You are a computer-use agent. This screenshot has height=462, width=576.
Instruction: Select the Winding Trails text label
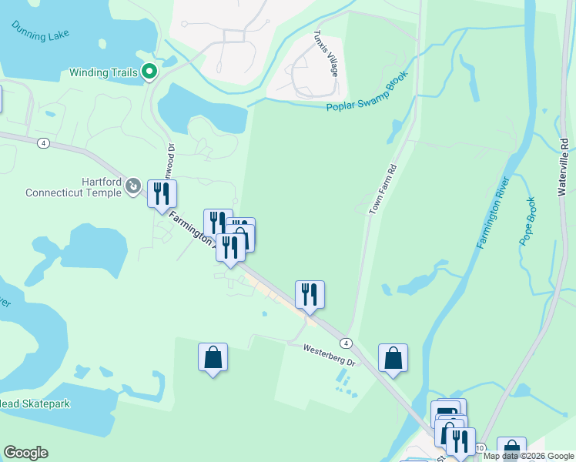pyautogui.click(x=104, y=73)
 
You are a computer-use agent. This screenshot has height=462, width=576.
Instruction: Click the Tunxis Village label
pyautogui.click(x=327, y=53)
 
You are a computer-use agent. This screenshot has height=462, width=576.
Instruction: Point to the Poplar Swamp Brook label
pyautogui.click(x=366, y=97)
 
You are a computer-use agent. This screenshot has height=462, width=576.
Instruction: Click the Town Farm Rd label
pyautogui.click(x=383, y=189)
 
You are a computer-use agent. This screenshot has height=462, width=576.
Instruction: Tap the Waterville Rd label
pyautogui.click(x=563, y=166)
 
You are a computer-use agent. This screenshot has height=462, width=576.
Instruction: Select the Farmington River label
pyautogui.click(x=493, y=212)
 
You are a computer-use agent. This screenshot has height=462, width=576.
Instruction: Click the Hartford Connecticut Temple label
pyautogui.click(x=73, y=187)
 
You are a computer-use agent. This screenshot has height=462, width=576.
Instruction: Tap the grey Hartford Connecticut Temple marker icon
pyautogui.click(x=133, y=186)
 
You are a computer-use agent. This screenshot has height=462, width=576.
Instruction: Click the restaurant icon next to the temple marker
pyautogui.click(x=162, y=194)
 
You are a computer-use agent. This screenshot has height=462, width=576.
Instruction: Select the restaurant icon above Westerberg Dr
pyautogui.click(x=310, y=294)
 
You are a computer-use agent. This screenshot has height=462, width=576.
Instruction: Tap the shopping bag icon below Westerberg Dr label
pyautogui.click(x=213, y=357)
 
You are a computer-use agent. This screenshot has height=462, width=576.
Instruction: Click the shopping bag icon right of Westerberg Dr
pyautogui.click(x=393, y=358)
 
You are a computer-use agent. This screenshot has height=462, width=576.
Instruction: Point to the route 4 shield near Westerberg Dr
pyautogui.click(x=347, y=343)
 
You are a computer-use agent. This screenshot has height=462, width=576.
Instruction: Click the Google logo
pyautogui.click(x=25, y=453)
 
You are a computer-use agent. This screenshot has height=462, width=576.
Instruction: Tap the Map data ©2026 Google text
pyautogui.click(x=529, y=456)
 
